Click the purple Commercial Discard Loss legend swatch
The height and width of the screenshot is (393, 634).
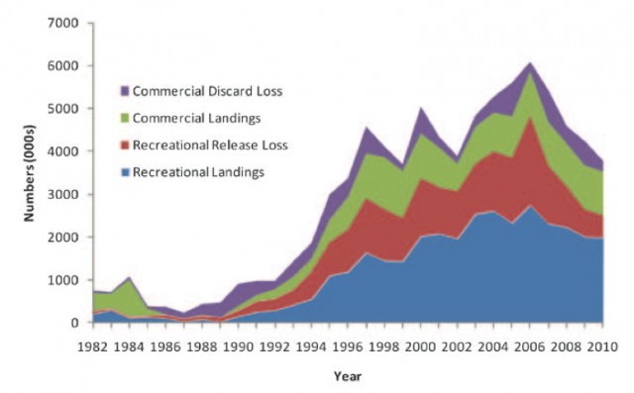(x=124, y=92)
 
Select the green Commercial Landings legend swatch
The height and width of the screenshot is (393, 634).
(x=124, y=119)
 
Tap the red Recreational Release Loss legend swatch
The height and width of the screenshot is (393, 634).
(x=124, y=146)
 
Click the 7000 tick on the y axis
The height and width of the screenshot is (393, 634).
(x=66, y=23)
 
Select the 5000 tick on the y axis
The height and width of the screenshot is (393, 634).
(x=66, y=108)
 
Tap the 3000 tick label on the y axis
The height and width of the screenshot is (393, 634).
(x=66, y=194)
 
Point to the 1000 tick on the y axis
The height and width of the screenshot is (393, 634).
(x=66, y=280)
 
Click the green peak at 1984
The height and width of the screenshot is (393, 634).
(x=128, y=278)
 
